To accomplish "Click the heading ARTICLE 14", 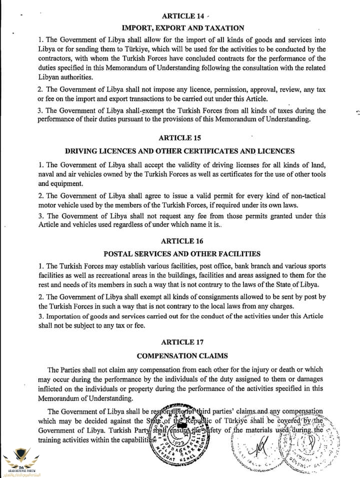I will (x=179, y=16).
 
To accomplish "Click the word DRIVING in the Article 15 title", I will (x=82, y=151).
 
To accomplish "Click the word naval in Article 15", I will (x=48, y=174).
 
